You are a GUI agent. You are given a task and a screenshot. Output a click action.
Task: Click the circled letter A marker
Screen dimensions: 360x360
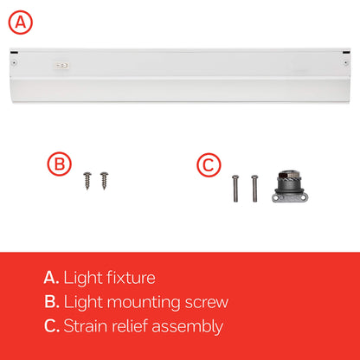coord(22,20)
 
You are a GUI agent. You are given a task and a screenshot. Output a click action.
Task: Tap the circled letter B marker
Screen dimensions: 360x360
coord(59,164)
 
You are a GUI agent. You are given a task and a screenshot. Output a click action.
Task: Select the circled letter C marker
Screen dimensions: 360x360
coord(209,164)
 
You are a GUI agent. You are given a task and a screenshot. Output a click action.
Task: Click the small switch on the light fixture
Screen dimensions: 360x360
coord(61,63)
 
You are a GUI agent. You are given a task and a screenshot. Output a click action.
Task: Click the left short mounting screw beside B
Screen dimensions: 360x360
coord(87,181)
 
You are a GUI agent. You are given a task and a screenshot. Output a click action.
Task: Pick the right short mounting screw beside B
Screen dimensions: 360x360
coord(104,181)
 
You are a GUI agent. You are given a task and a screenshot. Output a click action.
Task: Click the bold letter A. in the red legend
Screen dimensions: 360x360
coord(51,278)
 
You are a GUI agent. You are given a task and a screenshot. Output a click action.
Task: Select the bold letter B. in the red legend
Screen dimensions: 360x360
coord(51,302)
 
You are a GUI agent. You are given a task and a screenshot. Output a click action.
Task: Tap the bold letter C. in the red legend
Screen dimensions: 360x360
coord(51,326)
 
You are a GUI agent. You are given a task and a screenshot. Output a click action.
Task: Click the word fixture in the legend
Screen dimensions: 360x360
coord(130,278)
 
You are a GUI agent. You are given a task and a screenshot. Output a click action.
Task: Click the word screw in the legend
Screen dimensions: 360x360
coord(208,302)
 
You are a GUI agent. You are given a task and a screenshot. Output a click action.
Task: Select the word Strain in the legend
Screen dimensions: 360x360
coord(87,326)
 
